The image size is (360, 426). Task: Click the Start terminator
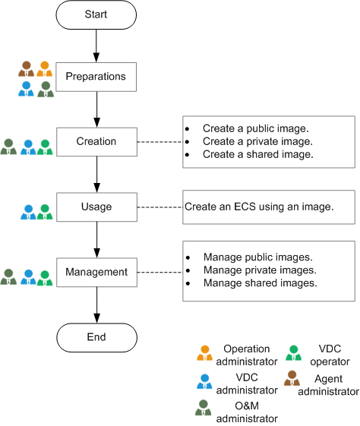click(96, 14)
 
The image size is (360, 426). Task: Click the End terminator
click(96, 337)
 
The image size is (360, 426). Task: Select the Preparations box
click(96, 77)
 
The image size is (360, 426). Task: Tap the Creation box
click(96, 141)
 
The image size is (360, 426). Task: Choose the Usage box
click(96, 207)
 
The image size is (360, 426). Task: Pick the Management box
click(96, 271)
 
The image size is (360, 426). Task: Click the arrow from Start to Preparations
click(96, 45)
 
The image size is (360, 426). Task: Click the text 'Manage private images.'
click(260, 270)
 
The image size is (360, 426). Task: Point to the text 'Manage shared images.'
click(260, 282)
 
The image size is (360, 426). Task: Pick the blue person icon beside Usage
click(27, 210)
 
